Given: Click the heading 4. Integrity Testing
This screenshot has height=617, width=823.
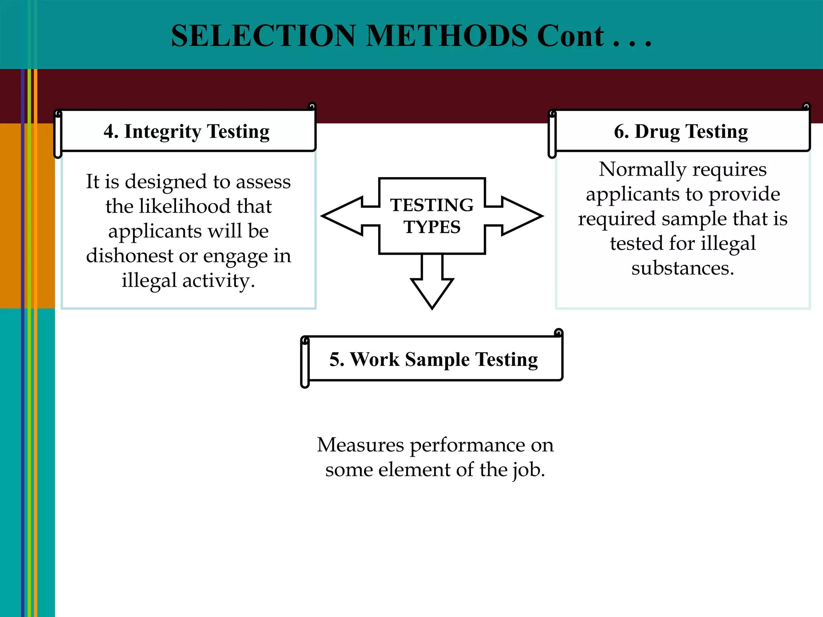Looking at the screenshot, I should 186,131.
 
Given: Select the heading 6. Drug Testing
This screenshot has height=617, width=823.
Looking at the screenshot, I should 681,131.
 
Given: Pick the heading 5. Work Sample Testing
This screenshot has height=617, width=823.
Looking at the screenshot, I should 433,359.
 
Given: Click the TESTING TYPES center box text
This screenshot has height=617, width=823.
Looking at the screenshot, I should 432,216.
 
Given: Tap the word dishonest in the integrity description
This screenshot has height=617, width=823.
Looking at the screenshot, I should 129,255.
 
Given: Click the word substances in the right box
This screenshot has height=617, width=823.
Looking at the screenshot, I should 682,268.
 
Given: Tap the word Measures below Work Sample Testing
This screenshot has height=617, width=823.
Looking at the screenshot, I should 360,445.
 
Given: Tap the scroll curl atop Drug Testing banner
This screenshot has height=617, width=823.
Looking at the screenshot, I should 806,107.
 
